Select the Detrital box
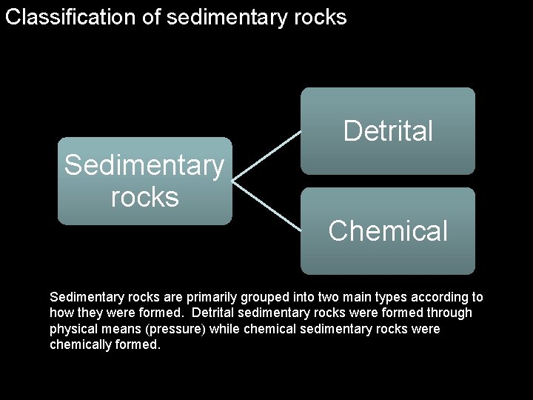[x=388, y=131]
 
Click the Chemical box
[x=388, y=231]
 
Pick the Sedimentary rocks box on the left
[x=144, y=181]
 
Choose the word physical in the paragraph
[x=72, y=329]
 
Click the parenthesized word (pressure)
[x=178, y=329]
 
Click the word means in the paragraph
[x=118, y=329]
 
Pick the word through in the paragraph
[x=449, y=313]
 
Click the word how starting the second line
[x=61, y=313]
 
